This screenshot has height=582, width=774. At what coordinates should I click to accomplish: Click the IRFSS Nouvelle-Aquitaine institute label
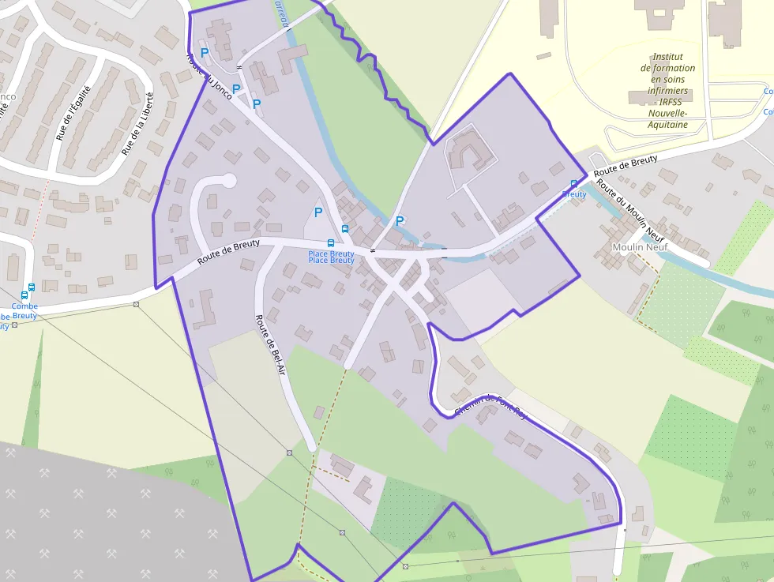[667, 91]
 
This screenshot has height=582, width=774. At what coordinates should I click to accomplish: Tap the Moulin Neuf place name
[640, 247]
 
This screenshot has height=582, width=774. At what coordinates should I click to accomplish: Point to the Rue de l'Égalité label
[71, 117]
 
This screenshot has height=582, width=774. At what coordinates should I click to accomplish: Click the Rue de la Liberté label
[137, 122]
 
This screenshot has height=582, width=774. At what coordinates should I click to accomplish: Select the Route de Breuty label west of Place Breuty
[229, 251]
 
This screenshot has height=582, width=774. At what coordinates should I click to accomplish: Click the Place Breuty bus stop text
[331, 257]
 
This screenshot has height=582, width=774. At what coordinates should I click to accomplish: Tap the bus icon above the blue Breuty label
[574, 184]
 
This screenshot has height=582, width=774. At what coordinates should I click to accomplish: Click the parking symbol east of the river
[400, 221]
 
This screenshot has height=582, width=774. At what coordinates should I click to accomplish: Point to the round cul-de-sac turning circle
[229, 181]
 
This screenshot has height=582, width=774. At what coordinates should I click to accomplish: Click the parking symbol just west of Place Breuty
[318, 212]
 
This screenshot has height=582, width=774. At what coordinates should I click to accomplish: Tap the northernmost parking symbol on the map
[205, 53]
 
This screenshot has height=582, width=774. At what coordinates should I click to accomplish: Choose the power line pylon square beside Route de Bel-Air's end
[290, 452]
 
